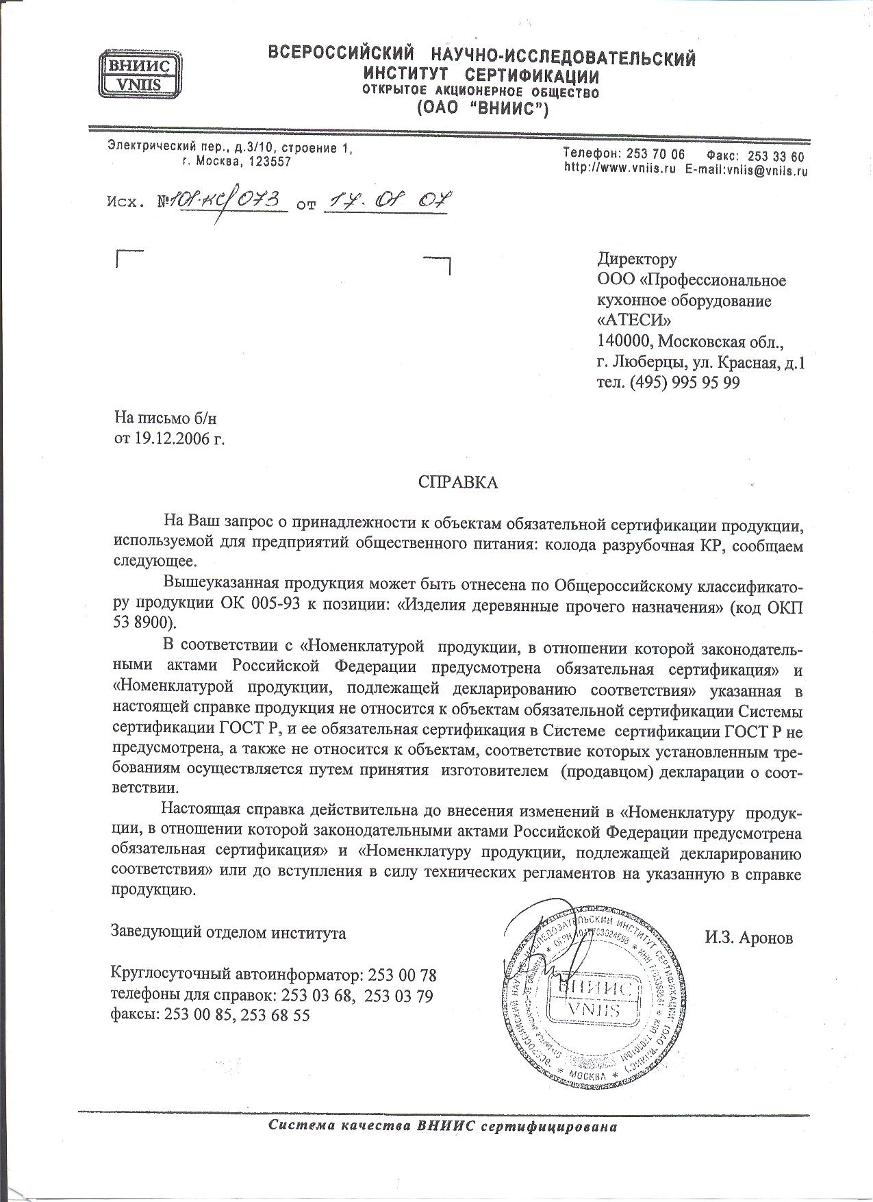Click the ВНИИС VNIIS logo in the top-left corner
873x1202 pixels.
coord(141,75)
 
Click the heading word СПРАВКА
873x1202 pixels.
coord(458,482)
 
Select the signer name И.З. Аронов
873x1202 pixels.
coord(748,938)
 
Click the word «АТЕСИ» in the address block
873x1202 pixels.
coord(634,321)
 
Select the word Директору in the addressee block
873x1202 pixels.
coord(637,259)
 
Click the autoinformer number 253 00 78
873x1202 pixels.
coord(402,975)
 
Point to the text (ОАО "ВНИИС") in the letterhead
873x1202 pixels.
coord(482,108)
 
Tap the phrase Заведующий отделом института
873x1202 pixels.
coord(228,933)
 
